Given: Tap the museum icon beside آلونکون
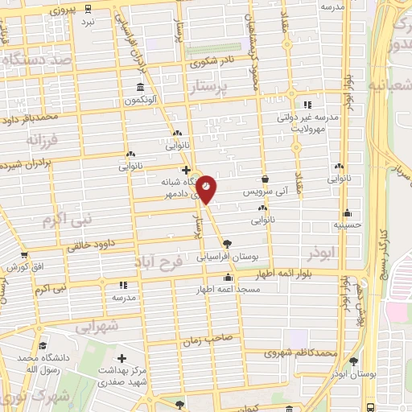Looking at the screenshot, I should pyautogui.click(x=141, y=87).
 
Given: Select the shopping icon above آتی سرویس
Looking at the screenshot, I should pyautogui.click(x=266, y=180).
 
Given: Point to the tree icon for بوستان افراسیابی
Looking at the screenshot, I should pyautogui.click(x=228, y=243).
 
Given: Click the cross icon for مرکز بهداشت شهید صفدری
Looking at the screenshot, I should pyautogui.click(x=122, y=357).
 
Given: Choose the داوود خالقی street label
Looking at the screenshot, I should pyautogui.click(x=93, y=244).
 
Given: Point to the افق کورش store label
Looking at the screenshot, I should pyautogui.click(x=36, y=266).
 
